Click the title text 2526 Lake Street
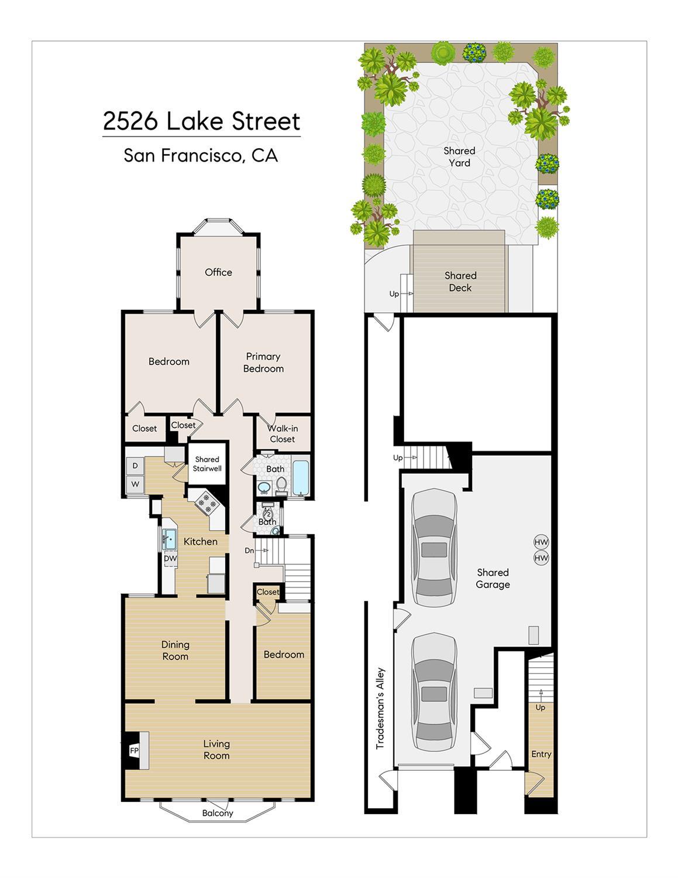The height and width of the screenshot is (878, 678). pyautogui.click(x=201, y=121)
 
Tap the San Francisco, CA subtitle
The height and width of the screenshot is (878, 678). pyautogui.click(x=201, y=156)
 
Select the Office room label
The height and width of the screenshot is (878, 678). pyautogui.click(x=218, y=272)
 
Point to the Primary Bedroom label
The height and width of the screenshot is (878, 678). pyautogui.click(x=263, y=363)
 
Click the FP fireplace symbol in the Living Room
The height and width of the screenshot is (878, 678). pyautogui.click(x=135, y=751)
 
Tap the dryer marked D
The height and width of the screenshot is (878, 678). pyautogui.click(x=135, y=466)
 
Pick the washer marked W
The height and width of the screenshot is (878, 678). pyautogui.click(x=135, y=484)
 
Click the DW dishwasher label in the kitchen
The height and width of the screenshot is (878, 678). pyautogui.click(x=170, y=558)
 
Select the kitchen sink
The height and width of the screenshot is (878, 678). pyautogui.click(x=170, y=539)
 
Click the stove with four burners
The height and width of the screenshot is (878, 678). pyautogui.click(x=207, y=502)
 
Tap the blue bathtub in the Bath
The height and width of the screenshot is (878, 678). pyautogui.click(x=301, y=477)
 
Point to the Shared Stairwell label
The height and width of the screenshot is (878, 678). pyautogui.click(x=207, y=464)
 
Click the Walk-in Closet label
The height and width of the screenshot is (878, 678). pyautogui.click(x=283, y=433)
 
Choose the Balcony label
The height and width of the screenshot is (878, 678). pyautogui.click(x=218, y=814)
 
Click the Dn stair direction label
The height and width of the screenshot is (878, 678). pyautogui.click(x=249, y=551)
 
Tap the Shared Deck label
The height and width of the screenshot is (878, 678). pyautogui.click(x=460, y=282)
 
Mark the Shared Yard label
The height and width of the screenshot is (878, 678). pyautogui.click(x=459, y=157)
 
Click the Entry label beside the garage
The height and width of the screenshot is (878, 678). pyautogui.click(x=541, y=754)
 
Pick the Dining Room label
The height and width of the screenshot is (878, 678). pyautogui.click(x=175, y=651)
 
